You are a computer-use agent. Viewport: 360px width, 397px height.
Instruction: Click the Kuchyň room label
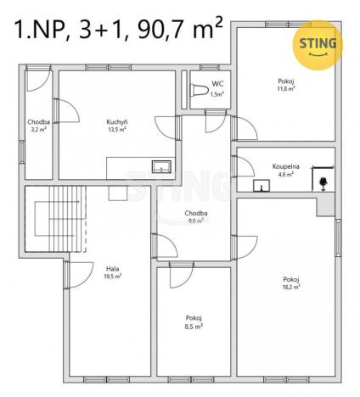pyautogui.click(x=117, y=121)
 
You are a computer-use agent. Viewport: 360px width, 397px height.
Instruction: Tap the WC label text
pyautogui.click(x=217, y=84)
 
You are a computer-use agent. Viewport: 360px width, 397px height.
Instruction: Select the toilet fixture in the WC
pyautogui.click(x=198, y=92)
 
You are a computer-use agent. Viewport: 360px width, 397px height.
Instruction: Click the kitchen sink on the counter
pyautogui.click(x=160, y=166)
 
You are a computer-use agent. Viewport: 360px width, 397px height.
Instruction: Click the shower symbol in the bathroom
pyautogui.click(x=323, y=181)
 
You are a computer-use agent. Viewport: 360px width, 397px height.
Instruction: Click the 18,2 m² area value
pyautogui.click(x=292, y=287)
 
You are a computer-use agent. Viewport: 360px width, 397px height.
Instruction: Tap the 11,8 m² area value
pyautogui.click(x=284, y=88)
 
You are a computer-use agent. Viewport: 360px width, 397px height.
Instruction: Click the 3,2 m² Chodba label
pyautogui.click(x=37, y=130)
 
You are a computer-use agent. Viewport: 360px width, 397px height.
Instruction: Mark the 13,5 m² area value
pyautogui.click(x=117, y=129)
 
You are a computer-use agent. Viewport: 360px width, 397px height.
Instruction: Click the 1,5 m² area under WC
pyautogui.click(x=217, y=94)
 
